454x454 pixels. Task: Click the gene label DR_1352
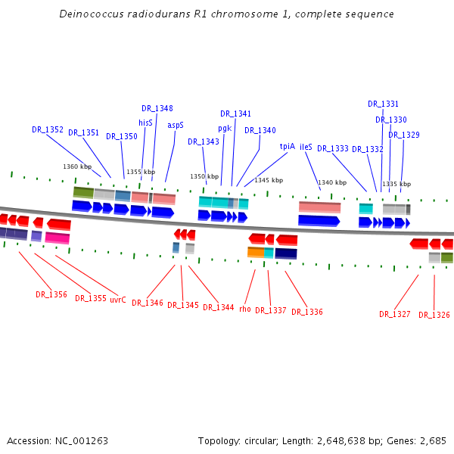click(x=48, y=129)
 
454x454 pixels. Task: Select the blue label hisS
click(x=145, y=122)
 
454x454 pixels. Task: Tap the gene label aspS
click(x=176, y=125)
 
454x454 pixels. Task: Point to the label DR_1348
click(x=157, y=108)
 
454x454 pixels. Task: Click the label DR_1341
click(x=236, y=113)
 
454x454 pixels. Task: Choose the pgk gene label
click(x=225, y=128)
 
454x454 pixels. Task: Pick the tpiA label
click(x=288, y=146)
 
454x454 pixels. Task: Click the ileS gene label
click(x=306, y=146)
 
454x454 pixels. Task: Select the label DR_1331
click(x=384, y=104)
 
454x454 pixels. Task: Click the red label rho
click(x=245, y=309)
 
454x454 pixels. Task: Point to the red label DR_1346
click(x=148, y=303)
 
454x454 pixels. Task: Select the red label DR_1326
click(x=434, y=315)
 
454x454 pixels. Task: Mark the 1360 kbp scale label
click(x=77, y=166)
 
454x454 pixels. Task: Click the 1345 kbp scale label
click(x=269, y=180)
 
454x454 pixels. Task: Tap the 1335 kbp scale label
click(x=396, y=184)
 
